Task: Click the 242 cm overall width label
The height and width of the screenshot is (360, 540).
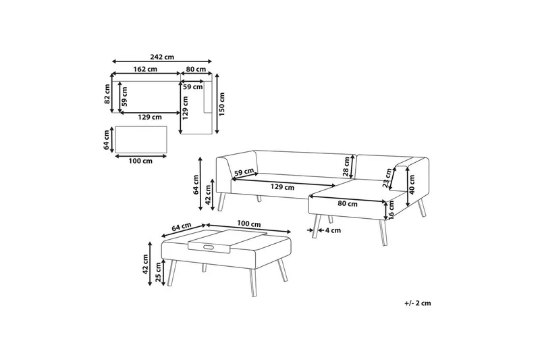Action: pyautogui.click(x=162, y=57)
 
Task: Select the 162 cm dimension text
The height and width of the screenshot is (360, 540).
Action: pyautogui.click(x=145, y=70)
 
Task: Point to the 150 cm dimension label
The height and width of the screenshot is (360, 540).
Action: pyautogui.click(x=221, y=104)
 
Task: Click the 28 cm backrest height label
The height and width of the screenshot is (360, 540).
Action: pyautogui.click(x=346, y=166)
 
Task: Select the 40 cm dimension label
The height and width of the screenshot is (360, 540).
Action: pyautogui.click(x=412, y=184)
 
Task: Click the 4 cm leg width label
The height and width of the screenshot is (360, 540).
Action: pyautogui.click(x=333, y=230)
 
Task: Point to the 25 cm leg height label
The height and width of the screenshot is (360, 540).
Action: pyautogui.click(x=158, y=272)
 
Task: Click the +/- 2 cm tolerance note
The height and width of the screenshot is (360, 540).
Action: pyautogui.click(x=418, y=303)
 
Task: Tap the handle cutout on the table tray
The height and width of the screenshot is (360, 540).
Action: pyautogui.click(x=209, y=247)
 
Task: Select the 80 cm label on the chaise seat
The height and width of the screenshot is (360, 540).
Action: pyautogui.click(x=348, y=204)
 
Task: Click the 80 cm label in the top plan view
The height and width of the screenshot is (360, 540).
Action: pyautogui.click(x=196, y=70)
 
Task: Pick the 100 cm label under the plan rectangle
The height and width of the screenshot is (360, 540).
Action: pyautogui.click(x=140, y=161)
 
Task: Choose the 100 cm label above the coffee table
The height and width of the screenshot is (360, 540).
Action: pyautogui.click(x=249, y=224)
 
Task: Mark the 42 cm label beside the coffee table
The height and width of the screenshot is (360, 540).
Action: pyautogui.click(x=145, y=264)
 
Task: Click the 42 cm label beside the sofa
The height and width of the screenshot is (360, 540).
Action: pyautogui.click(x=208, y=195)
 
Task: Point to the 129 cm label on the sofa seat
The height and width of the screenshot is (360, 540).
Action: pyautogui.click(x=282, y=187)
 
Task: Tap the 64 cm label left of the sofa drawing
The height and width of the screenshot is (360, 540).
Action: pyautogui.click(x=196, y=185)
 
